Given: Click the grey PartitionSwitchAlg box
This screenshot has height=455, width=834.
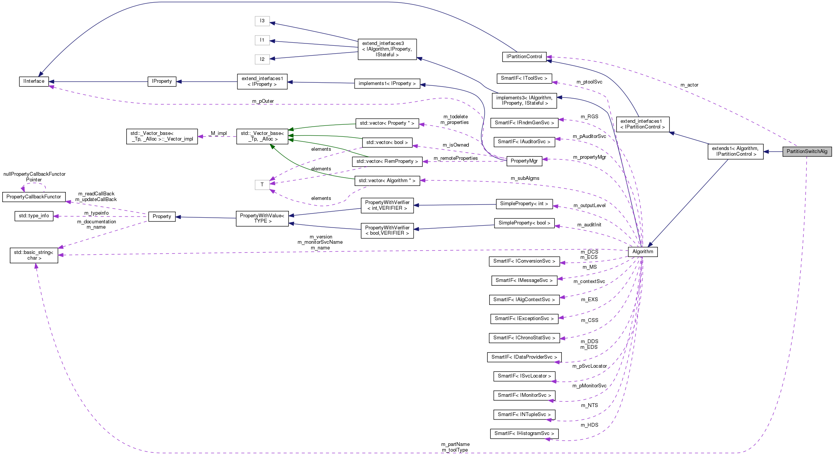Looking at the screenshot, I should click(x=807, y=152).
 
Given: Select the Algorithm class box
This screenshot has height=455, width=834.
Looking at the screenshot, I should click(x=642, y=252).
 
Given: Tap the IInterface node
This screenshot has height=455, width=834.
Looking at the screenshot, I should click(x=34, y=81).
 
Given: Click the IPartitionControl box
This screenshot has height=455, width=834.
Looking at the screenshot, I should click(x=524, y=57).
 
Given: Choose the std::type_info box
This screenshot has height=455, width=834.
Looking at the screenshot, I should click(x=34, y=216).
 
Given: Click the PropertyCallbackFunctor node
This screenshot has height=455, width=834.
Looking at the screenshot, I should click(x=34, y=197).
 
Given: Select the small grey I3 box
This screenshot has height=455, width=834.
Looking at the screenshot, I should click(x=262, y=21).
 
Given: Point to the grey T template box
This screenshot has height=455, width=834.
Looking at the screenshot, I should click(x=262, y=185).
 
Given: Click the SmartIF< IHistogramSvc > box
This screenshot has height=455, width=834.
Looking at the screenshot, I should click(x=524, y=433).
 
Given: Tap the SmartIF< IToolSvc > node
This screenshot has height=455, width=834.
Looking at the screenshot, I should click(x=524, y=78).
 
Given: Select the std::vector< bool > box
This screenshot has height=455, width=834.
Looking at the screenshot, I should click(x=387, y=142).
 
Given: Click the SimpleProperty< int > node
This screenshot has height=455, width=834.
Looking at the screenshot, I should click(x=524, y=204).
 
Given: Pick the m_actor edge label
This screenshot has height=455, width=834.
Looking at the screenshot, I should click(x=689, y=85).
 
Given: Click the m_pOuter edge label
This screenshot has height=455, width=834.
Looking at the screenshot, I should click(x=263, y=101).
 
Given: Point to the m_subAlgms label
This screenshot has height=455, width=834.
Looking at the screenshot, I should click(x=525, y=178).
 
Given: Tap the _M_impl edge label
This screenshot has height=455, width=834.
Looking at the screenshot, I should click(x=218, y=133).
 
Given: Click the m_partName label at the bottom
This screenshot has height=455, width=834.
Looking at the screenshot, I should click(x=455, y=444).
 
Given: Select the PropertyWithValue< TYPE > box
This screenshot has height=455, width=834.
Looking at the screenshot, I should click(x=262, y=218).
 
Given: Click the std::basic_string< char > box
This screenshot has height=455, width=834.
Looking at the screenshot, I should click(x=34, y=255).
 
